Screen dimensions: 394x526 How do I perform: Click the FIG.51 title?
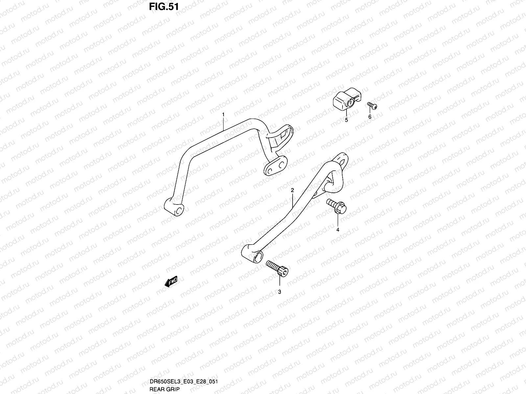[163, 7]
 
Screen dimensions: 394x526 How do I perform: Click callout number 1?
[223, 115]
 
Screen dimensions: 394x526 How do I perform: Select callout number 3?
[279, 292]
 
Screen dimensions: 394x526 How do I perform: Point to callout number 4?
[338, 230]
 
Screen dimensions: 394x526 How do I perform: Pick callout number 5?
[346, 120]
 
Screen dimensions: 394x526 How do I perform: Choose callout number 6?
[370, 117]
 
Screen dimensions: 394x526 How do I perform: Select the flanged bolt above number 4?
[336, 207]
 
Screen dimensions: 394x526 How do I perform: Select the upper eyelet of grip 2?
[340, 160]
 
